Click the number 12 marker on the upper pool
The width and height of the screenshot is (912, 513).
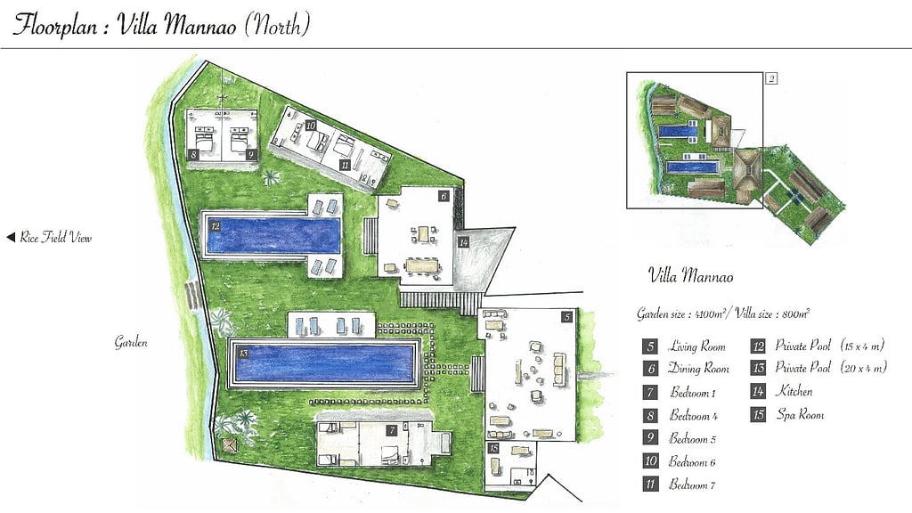pos(216,227)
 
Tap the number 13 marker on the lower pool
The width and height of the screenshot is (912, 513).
pos(243,353)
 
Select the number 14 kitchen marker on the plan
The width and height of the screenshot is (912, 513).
pos(463,242)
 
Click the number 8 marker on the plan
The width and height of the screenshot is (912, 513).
pos(193,154)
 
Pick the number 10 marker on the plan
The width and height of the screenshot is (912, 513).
pos(310,126)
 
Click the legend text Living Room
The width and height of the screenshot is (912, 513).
pos(697,346)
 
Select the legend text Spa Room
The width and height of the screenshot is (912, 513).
pos(799,414)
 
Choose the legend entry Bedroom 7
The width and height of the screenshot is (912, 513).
pos(692,484)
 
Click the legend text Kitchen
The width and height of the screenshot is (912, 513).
pos(794,391)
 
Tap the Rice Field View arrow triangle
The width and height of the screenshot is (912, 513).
pos(11,238)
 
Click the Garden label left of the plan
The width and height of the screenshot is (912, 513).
pos(130,342)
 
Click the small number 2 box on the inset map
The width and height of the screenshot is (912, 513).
pos(771,78)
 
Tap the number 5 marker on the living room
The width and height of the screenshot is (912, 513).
pos(566,316)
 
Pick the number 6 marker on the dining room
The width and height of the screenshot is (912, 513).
pos(443,195)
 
